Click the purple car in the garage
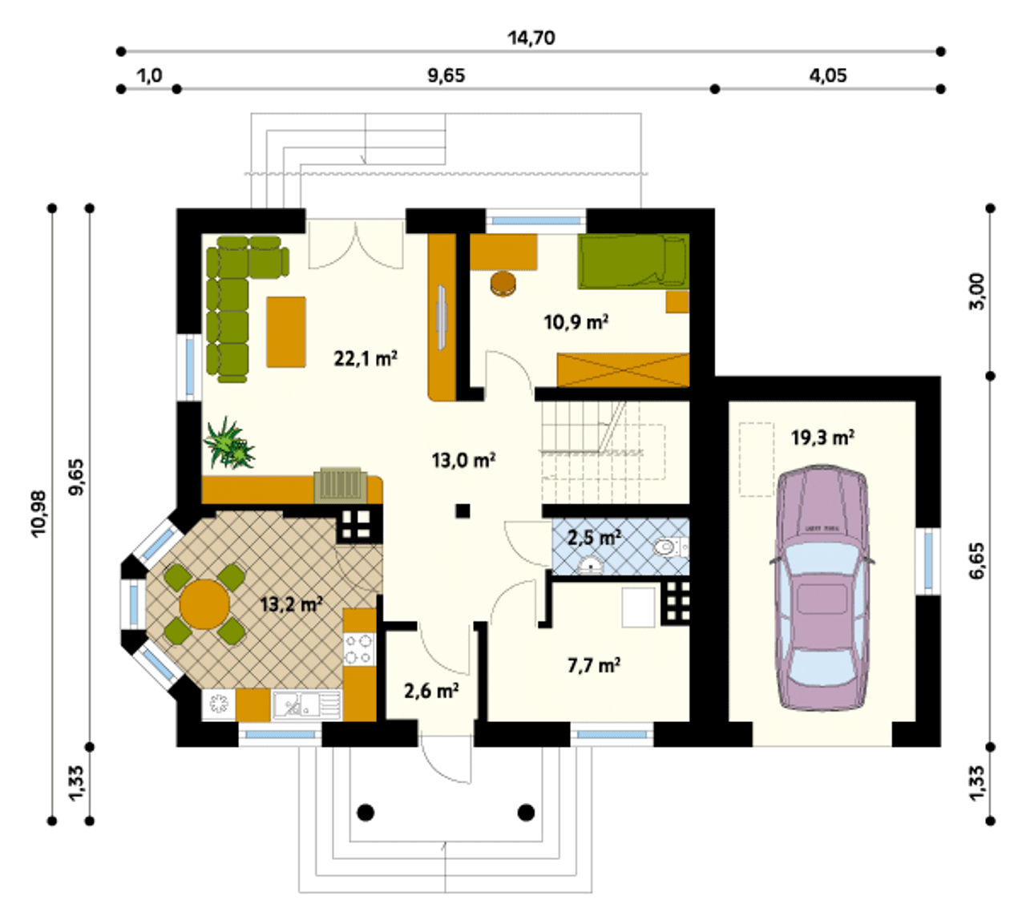[822, 587]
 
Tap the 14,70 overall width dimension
[531, 38]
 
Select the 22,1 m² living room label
[366, 358]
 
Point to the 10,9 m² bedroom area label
[576, 322]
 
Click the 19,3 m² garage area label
[822, 438]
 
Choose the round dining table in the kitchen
[204, 604]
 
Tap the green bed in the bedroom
[634, 261]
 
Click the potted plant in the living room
[228, 443]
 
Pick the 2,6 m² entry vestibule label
[431, 691]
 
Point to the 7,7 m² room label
[594, 665]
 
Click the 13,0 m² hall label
[463, 460]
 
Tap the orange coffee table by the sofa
[286, 332]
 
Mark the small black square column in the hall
[463, 510]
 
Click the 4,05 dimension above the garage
[827, 75]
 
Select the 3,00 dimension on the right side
[976, 292]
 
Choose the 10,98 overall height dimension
[38, 514]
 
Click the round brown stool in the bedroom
[503, 284]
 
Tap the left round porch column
[366, 812]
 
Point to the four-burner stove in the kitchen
[359, 649]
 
